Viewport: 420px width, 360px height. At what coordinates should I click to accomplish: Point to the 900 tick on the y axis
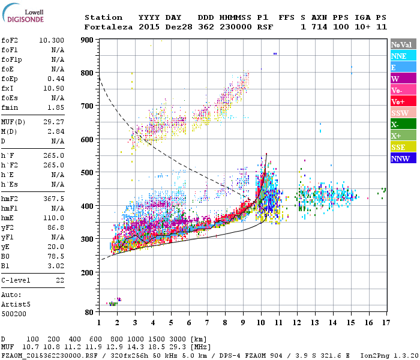coord(87,40)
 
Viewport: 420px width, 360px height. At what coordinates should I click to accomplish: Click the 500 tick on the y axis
coord(87,173)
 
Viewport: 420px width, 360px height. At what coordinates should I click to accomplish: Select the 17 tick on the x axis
coord(384,322)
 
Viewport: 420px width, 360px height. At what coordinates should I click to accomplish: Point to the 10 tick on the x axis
coord(260,322)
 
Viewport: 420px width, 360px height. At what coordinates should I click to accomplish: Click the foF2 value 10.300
coord(52,40)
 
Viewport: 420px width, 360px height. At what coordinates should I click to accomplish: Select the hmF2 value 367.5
coord(54,199)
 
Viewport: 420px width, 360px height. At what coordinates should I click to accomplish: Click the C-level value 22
coord(59,280)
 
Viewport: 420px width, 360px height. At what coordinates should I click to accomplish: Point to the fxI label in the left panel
coord(8,88)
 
